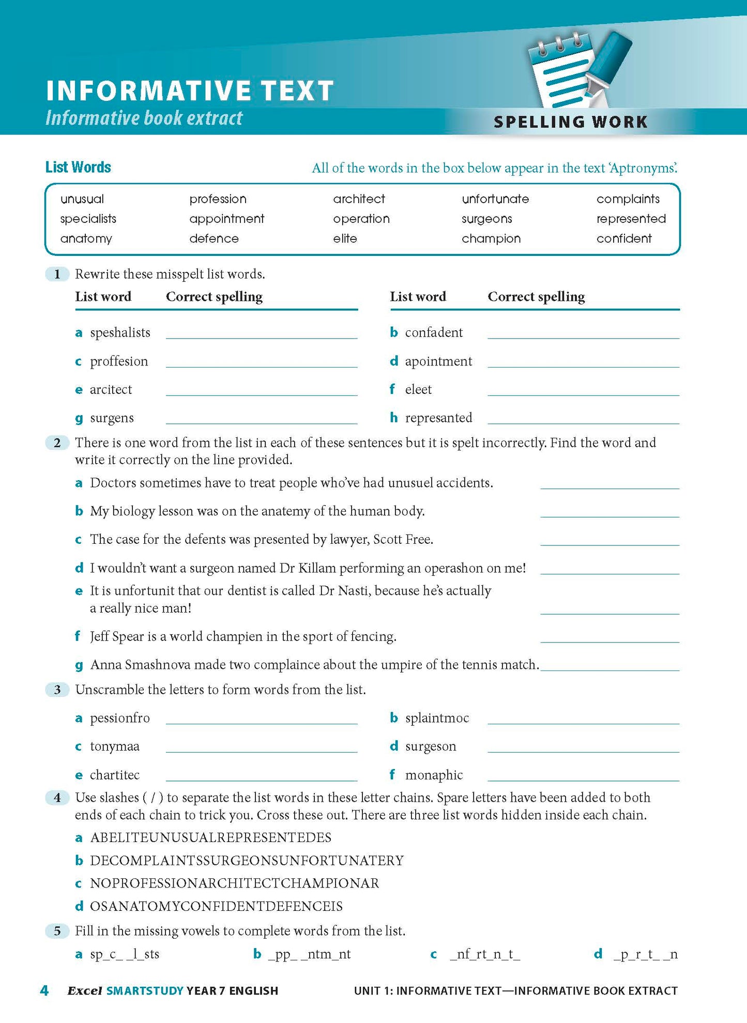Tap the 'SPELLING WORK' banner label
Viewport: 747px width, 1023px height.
[x=570, y=122]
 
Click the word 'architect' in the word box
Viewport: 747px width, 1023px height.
[x=359, y=199]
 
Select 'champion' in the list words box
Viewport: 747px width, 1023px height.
[x=491, y=239]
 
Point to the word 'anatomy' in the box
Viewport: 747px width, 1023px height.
[x=86, y=239]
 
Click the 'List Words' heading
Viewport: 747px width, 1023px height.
[x=78, y=167]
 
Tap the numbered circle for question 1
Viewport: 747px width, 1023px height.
[x=57, y=274]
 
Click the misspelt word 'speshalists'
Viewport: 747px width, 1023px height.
[x=120, y=332]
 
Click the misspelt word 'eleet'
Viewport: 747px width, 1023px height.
[x=418, y=389]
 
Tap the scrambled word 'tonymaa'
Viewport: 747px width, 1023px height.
[x=114, y=746]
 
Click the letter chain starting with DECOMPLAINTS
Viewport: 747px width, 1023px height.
[x=247, y=861]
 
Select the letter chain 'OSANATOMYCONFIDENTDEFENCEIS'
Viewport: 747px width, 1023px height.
[x=216, y=906]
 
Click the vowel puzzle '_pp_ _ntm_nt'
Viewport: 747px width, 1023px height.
[x=309, y=954]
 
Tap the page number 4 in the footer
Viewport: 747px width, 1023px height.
[x=44, y=990]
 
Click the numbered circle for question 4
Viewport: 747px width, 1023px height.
[x=57, y=798]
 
